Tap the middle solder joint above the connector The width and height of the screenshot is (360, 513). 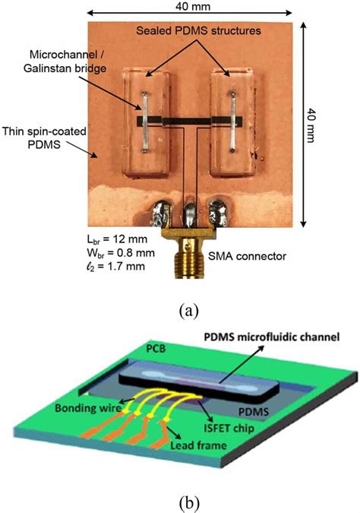pyautogui.click(x=188, y=207)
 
